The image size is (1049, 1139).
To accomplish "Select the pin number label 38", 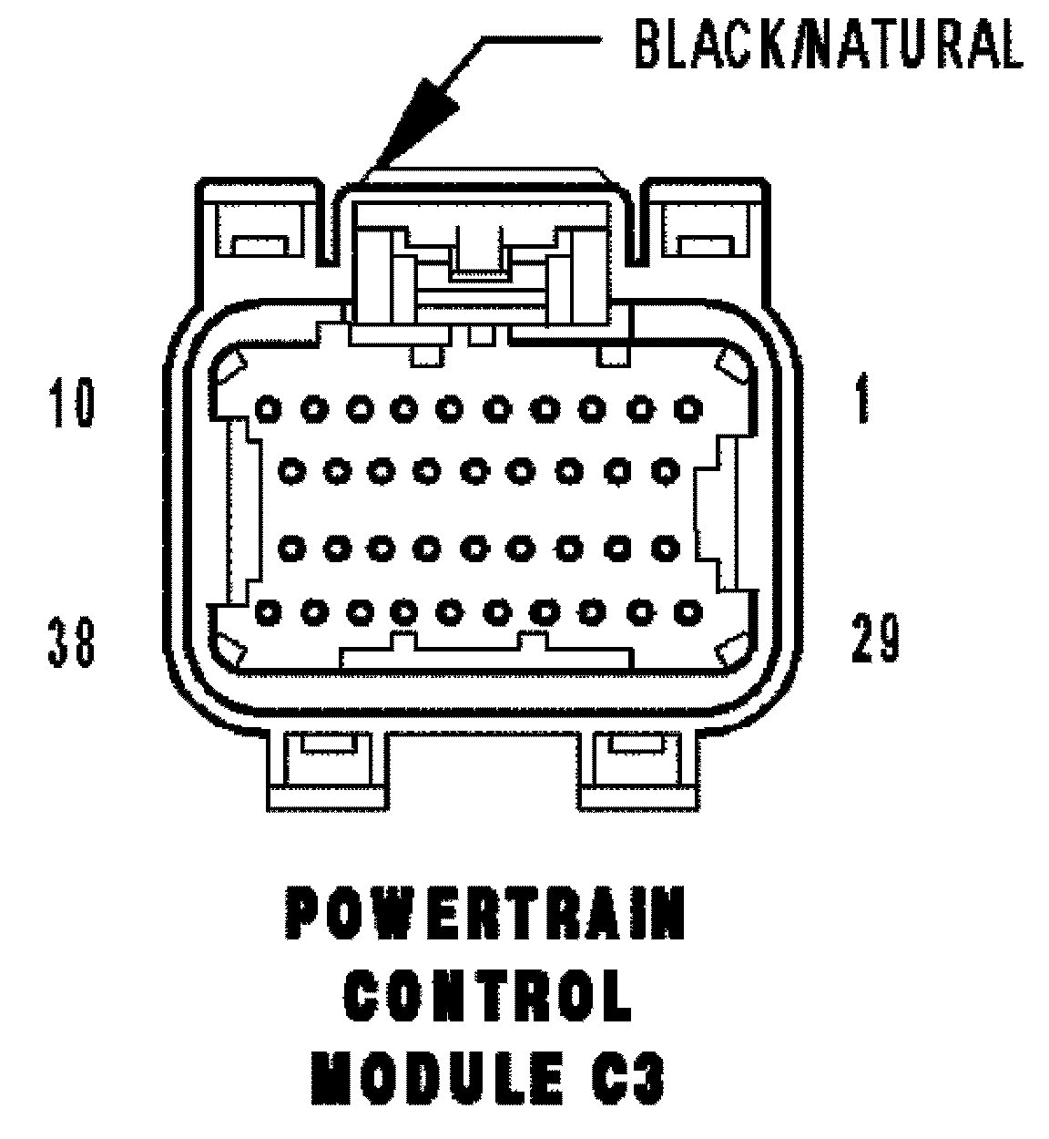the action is coord(71,640).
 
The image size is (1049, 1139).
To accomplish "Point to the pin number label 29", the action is coord(874,638).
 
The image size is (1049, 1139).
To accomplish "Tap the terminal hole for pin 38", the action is coord(266,611).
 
